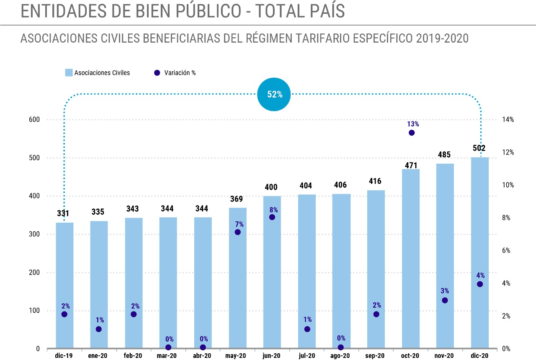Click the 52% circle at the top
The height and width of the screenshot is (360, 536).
[274, 94]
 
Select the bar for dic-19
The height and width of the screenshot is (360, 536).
[64, 285]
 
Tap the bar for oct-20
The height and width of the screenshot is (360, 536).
[411, 259]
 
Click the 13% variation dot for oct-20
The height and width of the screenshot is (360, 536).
[412, 133]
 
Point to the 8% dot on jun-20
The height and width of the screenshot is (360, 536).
[272, 217]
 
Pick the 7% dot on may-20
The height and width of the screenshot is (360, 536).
[237, 232]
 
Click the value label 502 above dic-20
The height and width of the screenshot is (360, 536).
[479, 148]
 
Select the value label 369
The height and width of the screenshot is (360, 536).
[237, 199]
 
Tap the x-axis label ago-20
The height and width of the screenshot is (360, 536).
[340, 356]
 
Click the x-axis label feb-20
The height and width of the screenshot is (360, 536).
[133, 356]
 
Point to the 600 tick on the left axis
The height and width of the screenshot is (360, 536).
[34, 119]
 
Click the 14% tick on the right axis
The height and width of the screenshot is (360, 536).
[508, 119]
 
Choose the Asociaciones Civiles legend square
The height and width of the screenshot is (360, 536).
[69, 73]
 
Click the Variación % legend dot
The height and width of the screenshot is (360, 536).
[157, 73]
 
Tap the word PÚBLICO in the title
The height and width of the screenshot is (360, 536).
[209, 11]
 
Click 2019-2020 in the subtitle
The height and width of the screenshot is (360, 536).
[442, 38]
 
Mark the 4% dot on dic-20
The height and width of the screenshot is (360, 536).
[480, 284]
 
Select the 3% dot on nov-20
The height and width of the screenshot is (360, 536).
[445, 301]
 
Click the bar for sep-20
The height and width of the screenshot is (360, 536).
[376, 269]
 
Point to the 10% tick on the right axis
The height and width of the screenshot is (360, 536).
[508, 185]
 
